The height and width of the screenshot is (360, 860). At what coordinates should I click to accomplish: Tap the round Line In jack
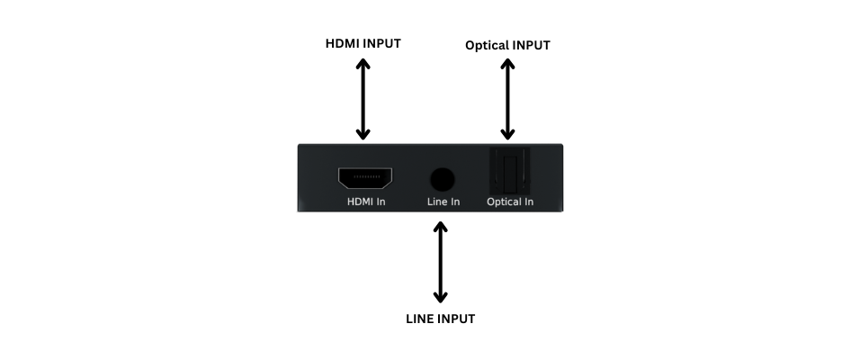pos(442,177)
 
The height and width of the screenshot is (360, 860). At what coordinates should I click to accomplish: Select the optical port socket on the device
pos(509,171)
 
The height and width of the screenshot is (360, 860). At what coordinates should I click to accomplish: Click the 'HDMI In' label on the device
pos(366,202)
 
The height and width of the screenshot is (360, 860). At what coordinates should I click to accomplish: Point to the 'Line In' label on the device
pos(443,202)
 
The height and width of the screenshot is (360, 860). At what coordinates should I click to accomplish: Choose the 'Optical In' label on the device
pos(510,202)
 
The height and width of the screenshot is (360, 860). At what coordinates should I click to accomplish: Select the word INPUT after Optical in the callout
pos(530,44)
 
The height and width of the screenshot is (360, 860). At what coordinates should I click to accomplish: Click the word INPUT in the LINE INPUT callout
pos(456,319)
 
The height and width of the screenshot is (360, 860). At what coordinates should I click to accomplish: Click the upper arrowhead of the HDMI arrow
pos(363,64)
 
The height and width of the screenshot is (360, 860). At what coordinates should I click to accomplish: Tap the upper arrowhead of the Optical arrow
pos(508,66)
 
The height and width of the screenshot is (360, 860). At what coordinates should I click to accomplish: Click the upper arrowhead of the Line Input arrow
pos(440,227)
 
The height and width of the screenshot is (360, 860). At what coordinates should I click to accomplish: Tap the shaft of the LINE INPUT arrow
pos(440,261)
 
